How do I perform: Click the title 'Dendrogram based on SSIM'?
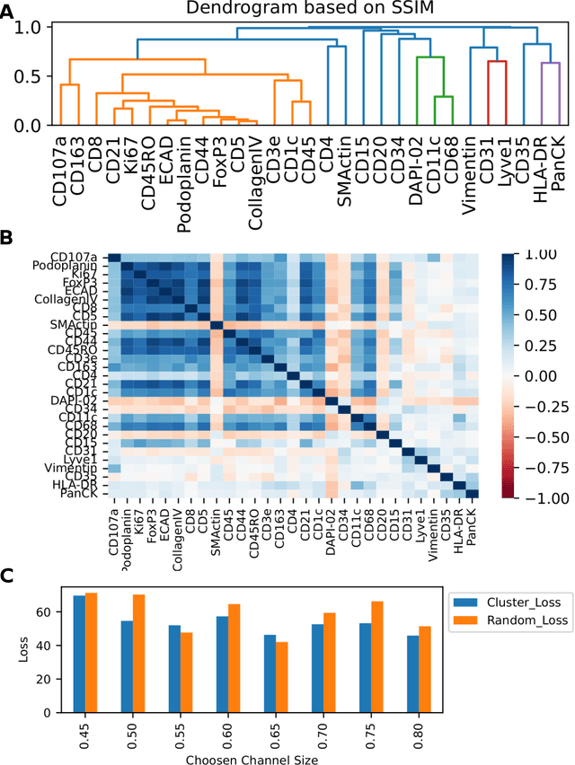[x=300, y=10]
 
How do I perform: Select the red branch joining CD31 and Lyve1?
[x=498, y=61]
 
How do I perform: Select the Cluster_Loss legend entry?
[x=509, y=608]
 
